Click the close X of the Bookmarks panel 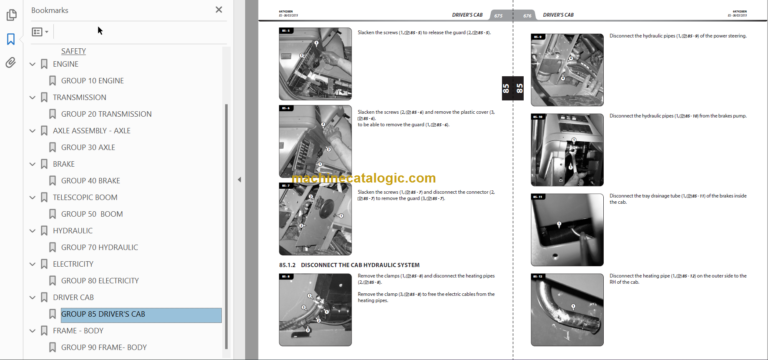[219, 10]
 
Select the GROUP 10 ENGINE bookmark [92, 81]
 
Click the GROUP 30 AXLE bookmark [88, 147]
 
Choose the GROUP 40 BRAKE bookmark [90, 181]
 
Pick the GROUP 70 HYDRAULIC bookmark [99, 247]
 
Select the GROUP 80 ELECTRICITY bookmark [100, 281]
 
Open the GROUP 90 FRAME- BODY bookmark [103, 347]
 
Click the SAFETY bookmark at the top [73, 51]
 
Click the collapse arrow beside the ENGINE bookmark [32, 64]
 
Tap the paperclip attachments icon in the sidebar [10, 62]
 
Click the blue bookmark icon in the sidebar [10, 39]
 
